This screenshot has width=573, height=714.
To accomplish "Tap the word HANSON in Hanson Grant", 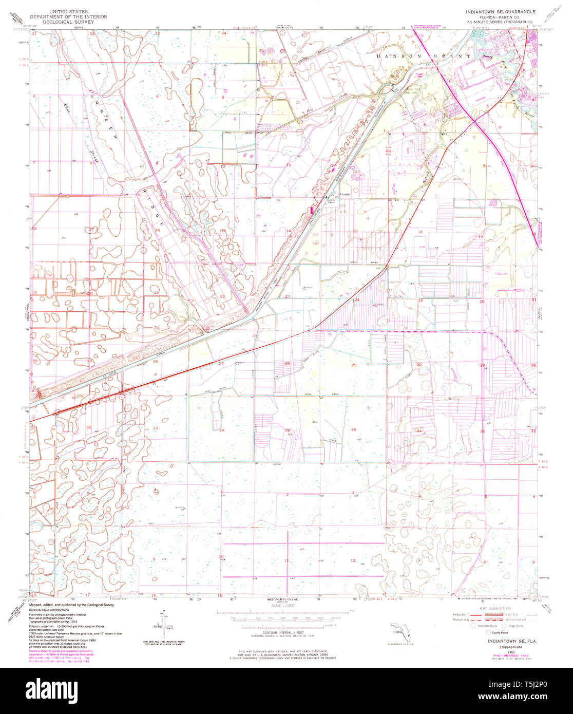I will (398, 55).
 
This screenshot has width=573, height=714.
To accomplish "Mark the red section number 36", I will (353, 429).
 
